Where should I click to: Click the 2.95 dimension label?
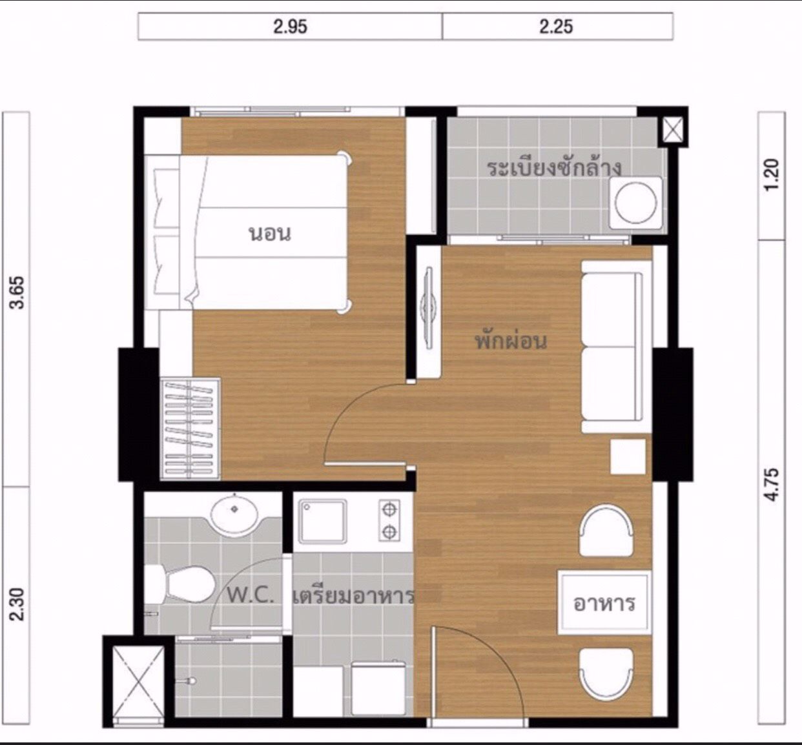coord(291,26)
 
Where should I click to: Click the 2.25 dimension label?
coord(556,26)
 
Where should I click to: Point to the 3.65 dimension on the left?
coord(18,292)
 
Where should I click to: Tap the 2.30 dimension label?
coord(18,604)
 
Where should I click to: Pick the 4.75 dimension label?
coord(771,485)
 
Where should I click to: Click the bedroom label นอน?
coord(270,234)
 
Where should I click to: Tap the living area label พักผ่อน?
coord(511,342)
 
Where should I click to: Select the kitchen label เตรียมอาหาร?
coord(353,596)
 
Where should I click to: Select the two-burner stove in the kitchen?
coord(389,520)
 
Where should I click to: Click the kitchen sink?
coord(322,521)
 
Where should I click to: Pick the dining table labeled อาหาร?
coord(604,602)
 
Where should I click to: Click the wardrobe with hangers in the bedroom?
coord(190,429)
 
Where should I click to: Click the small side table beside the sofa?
coord(628,456)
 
